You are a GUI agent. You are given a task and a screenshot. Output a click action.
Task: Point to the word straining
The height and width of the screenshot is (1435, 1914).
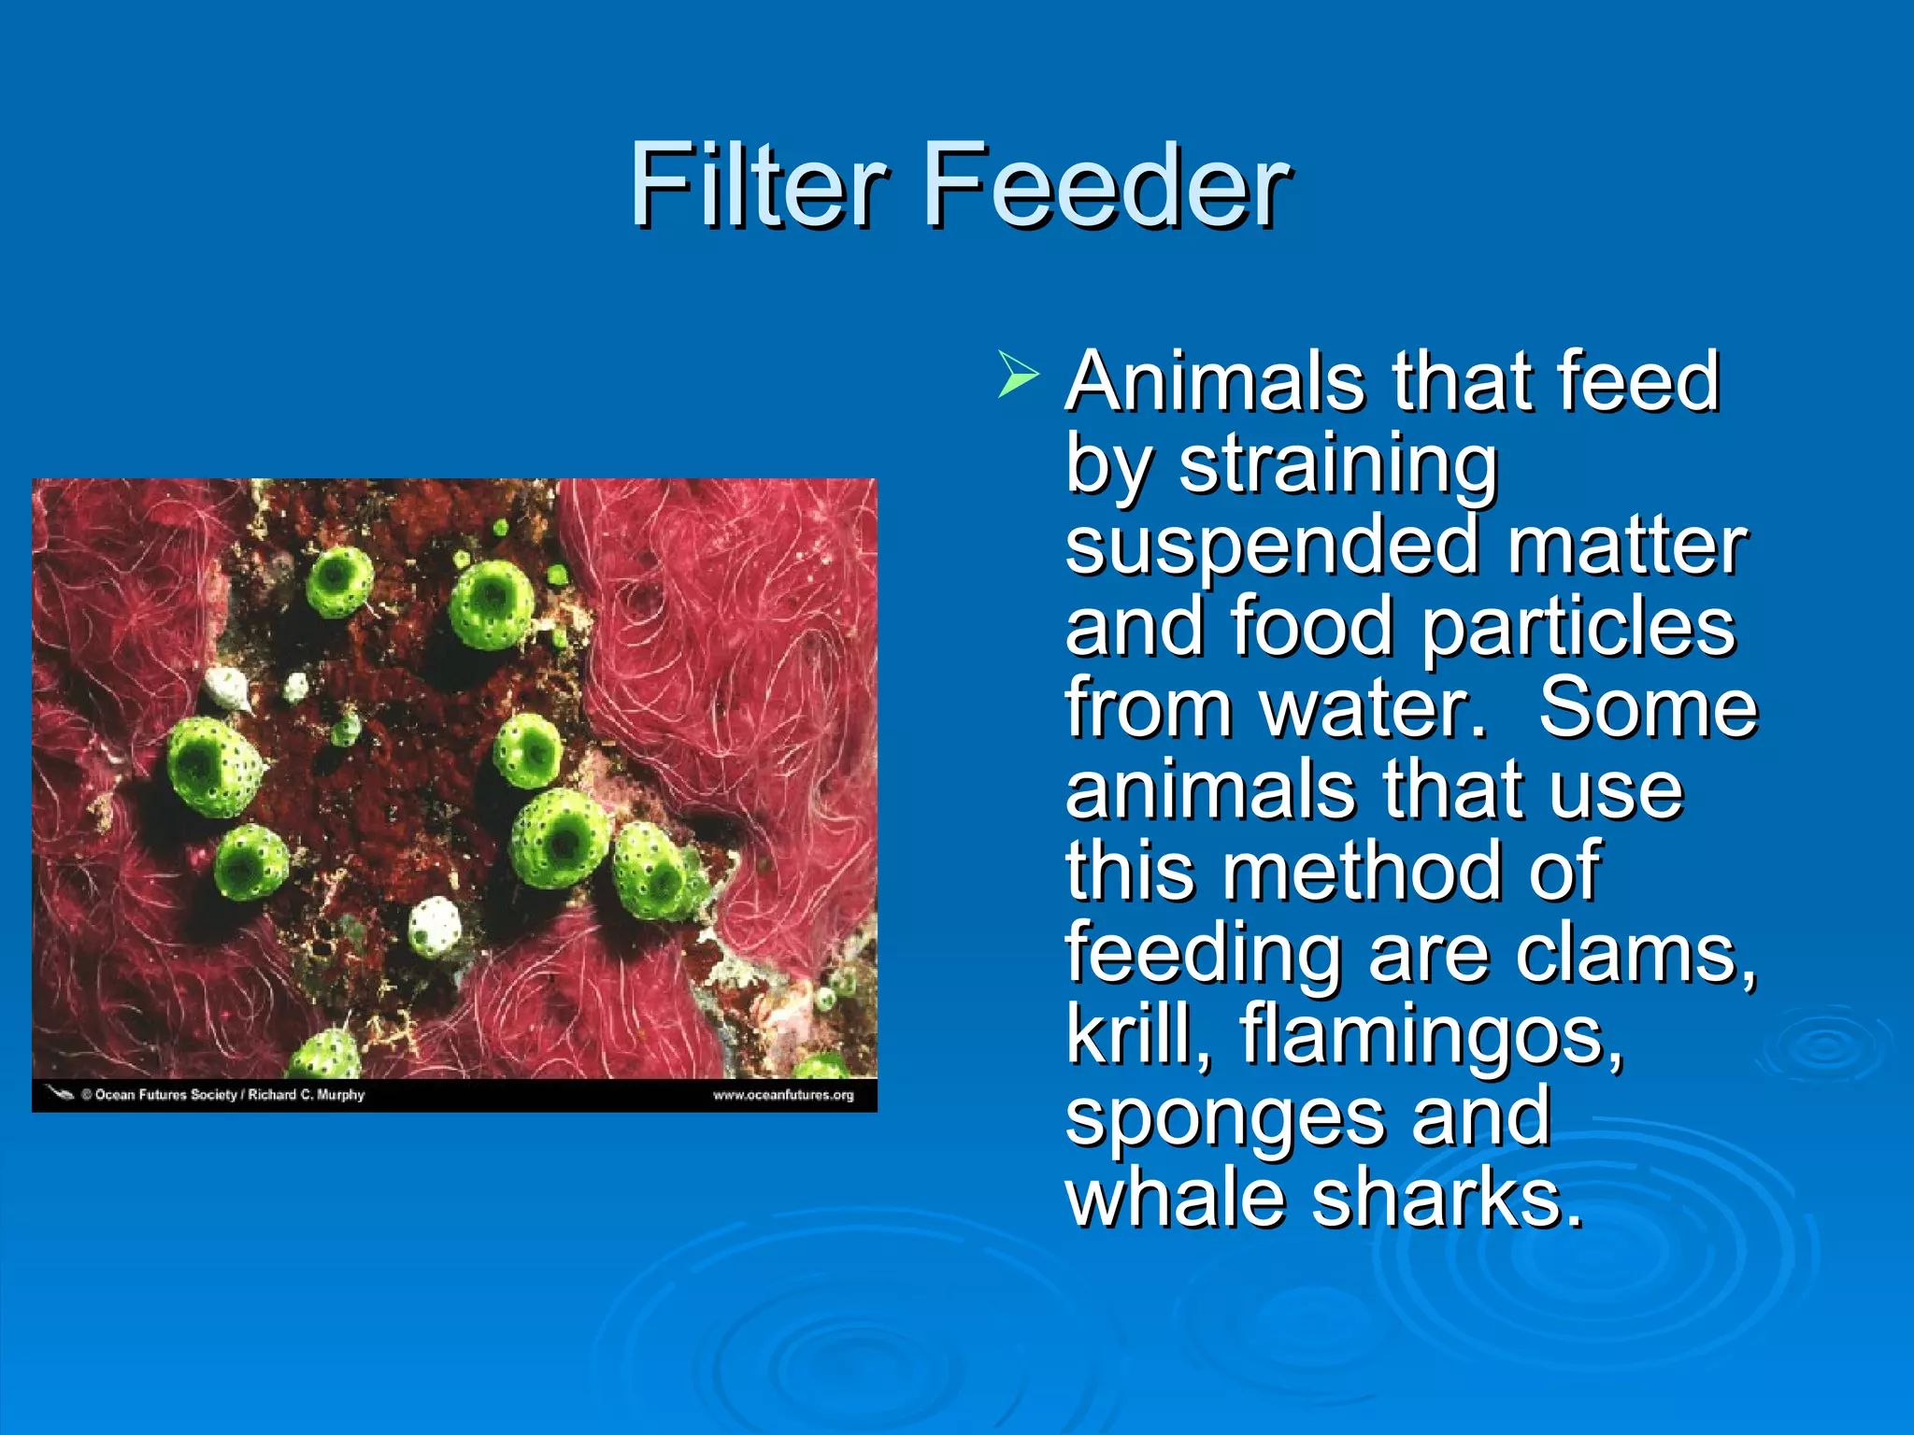click(1337, 464)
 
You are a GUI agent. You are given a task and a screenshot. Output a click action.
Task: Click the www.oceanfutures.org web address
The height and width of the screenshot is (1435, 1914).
click(783, 1095)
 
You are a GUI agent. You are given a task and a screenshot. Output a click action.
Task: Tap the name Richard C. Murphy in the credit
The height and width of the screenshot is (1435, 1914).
click(306, 1095)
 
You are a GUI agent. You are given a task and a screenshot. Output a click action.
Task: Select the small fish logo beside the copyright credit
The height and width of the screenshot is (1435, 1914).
click(60, 1093)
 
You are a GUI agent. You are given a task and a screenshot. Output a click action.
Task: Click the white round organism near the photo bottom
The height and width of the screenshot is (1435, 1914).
click(435, 925)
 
